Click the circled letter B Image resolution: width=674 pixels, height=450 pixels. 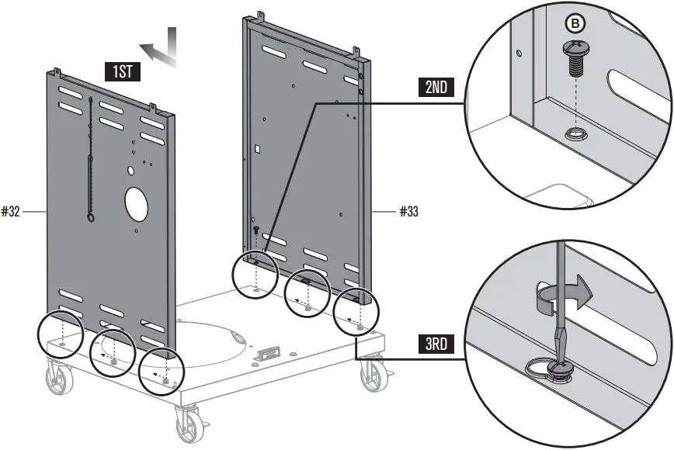[x=575, y=25]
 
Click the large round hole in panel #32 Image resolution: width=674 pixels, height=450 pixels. [x=137, y=203]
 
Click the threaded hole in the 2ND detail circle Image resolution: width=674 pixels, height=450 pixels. [x=576, y=134]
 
